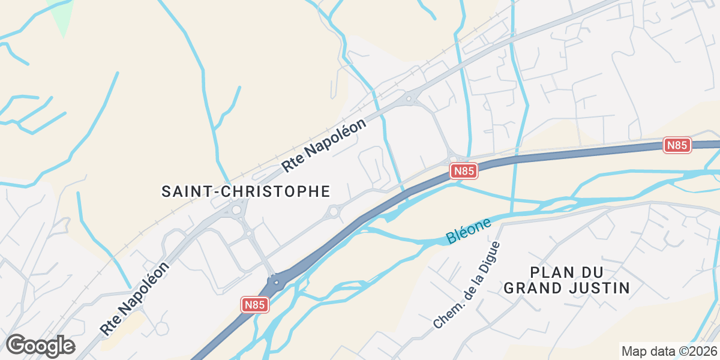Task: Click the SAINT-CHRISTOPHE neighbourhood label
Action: point(246,191)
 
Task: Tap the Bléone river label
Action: point(469,231)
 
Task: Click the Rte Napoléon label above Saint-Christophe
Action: point(324,146)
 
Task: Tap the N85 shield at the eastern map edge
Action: point(677,145)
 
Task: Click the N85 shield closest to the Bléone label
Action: point(464,171)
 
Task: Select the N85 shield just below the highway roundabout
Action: point(254,305)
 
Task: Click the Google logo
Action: point(40,346)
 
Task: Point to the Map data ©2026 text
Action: point(668,351)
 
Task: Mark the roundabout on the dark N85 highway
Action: point(276,280)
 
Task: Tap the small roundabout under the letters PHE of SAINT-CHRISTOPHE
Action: point(334,212)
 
